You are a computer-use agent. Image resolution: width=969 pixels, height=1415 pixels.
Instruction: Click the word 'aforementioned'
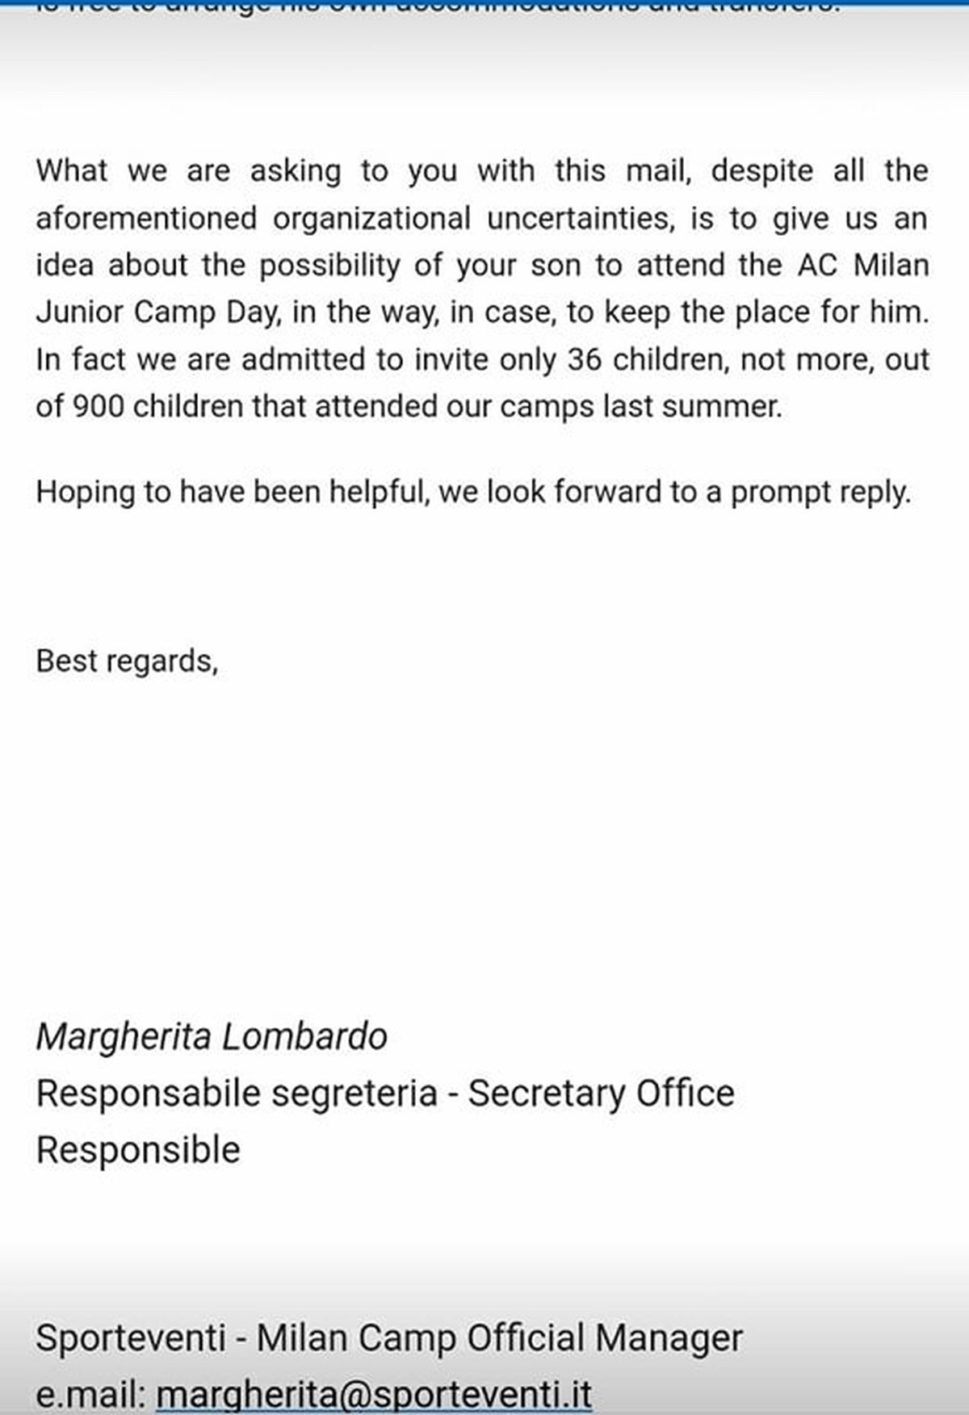tap(146, 219)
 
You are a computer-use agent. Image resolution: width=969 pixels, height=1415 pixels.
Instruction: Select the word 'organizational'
tap(371, 219)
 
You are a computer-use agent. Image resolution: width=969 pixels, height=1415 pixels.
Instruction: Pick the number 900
tap(99, 406)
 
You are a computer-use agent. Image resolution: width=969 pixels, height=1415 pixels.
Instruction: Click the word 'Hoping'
tap(85, 492)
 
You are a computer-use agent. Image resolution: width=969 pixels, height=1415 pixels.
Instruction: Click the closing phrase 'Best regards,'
tap(127, 661)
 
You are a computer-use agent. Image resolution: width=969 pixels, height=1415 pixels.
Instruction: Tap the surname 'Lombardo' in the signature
tap(304, 1037)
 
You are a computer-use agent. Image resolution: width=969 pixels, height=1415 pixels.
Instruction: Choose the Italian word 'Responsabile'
tap(148, 1094)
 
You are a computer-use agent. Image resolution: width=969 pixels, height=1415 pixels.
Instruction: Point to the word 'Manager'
tap(669, 1338)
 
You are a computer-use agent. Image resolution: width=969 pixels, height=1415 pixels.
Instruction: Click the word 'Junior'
tap(78, 313)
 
